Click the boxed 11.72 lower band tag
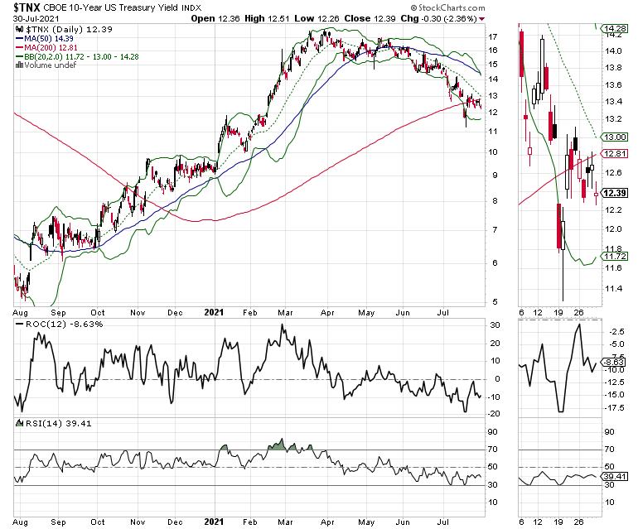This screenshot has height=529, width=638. (x=614, y=257)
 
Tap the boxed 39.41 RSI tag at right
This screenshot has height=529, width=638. (x=614, y=477)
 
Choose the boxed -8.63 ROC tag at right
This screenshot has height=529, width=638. (x=614, y=362)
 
